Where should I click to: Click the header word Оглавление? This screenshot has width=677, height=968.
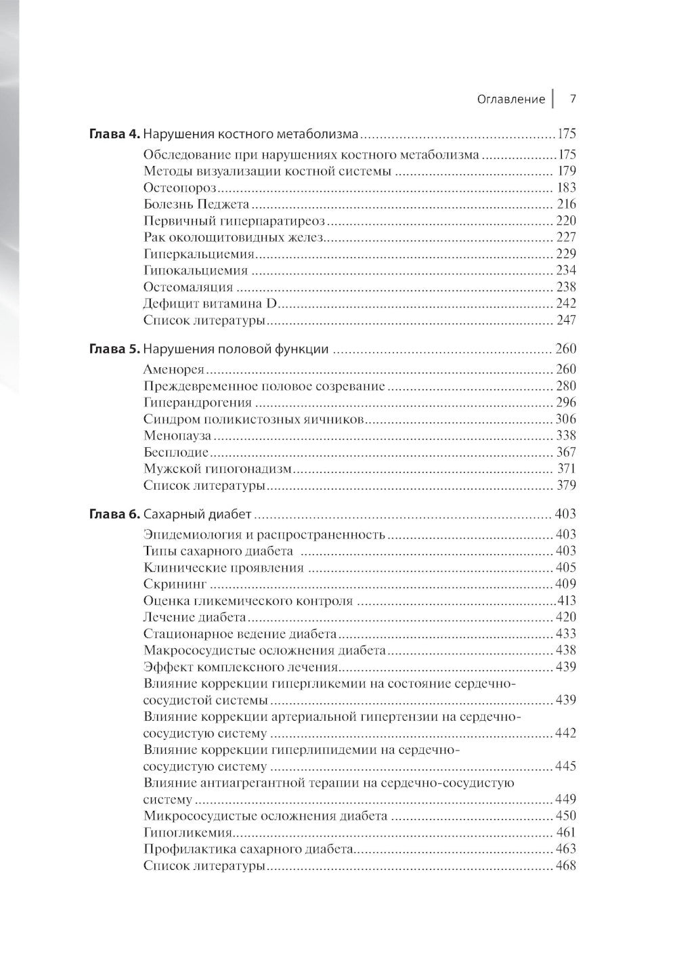510,99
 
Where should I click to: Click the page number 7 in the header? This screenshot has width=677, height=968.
572,99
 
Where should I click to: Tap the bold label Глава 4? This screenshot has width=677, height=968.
114,134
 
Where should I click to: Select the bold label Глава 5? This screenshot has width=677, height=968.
114,350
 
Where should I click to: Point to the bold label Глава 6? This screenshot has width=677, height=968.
114,514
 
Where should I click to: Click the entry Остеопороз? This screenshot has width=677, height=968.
179,188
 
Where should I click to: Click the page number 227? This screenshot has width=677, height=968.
565,237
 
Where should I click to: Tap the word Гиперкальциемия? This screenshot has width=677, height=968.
198,254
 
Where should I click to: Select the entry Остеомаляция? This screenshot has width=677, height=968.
188,287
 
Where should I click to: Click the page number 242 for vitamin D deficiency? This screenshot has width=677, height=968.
565,303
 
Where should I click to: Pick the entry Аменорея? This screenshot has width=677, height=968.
174,369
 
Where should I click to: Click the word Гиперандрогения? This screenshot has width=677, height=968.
193,402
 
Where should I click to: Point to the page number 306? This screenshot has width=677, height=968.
565,419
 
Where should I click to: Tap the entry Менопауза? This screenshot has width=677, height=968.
177,436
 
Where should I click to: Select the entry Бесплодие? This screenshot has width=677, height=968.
175,453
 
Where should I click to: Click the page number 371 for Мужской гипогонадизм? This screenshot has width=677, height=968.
566,469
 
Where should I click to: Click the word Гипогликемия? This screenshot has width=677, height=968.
188,833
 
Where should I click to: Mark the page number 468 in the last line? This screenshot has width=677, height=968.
565,866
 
